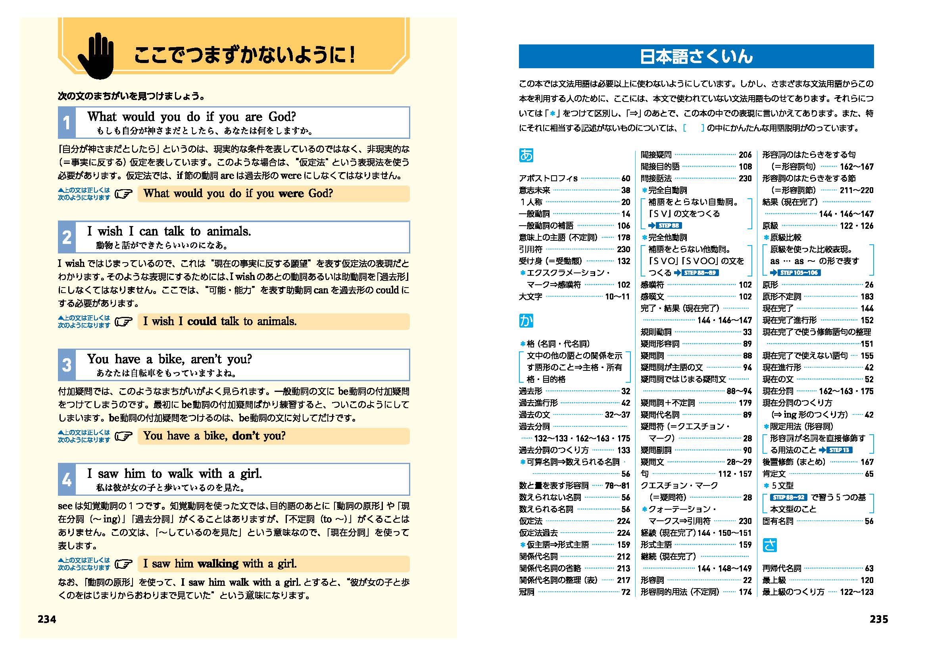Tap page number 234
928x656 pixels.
47,619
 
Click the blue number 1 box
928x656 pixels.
67,123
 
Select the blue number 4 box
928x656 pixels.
67,480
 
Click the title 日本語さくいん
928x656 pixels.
696,57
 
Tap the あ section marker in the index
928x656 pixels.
526,155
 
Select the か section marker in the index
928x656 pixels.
526,321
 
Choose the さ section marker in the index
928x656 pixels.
770,545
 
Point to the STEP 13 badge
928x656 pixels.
839,450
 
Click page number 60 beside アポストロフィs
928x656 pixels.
626,178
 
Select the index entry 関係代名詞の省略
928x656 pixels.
550,568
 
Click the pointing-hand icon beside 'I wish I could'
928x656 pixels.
124,322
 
